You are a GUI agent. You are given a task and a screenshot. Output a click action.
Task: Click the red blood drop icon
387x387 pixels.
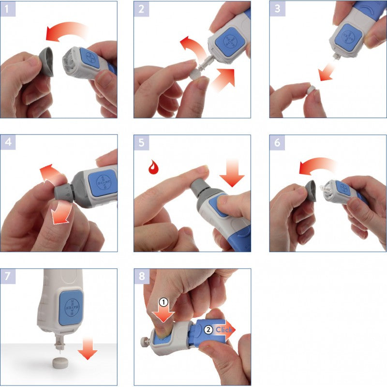154,168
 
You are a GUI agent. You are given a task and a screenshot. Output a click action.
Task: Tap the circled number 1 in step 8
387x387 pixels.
164,302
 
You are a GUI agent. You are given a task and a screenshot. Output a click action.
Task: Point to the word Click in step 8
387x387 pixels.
224,330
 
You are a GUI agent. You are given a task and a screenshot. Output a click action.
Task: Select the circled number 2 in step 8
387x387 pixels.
208,330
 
